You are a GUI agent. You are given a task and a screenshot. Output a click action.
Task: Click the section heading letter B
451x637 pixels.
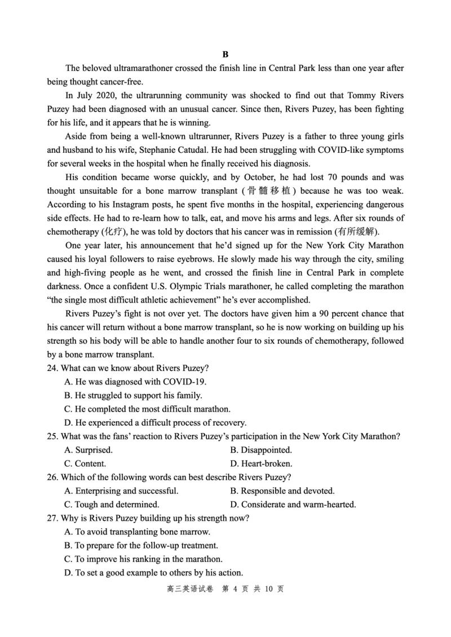225,55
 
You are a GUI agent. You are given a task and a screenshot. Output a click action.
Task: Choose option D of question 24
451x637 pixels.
155,423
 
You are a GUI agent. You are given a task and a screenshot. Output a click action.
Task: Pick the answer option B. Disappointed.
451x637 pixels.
261,450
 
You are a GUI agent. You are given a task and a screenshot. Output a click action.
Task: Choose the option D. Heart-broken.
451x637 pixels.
261,463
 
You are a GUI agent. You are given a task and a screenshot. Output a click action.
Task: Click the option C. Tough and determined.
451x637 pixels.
112,505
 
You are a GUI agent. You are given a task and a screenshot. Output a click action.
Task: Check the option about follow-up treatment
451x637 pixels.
141,546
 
